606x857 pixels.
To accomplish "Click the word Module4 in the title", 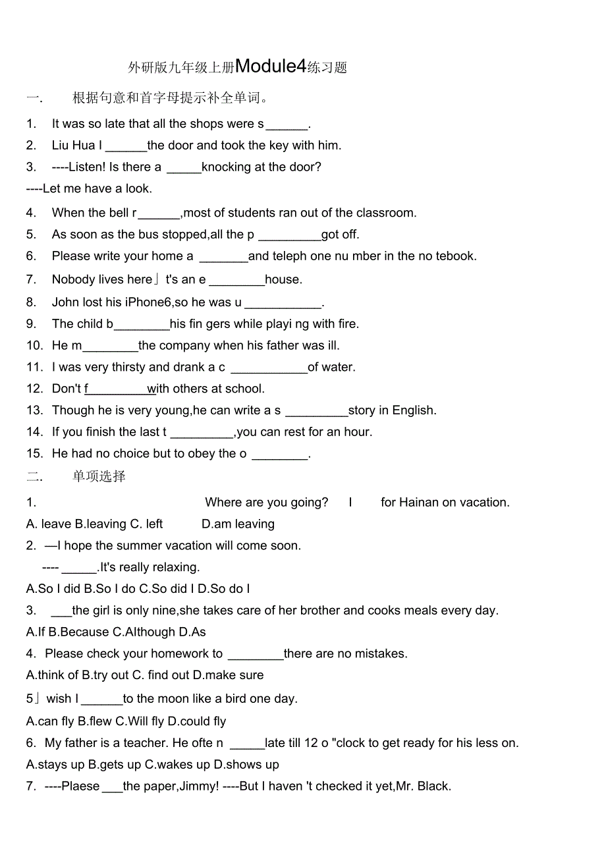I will (x=271, y=66).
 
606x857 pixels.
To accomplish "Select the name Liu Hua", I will (x=74, y=146).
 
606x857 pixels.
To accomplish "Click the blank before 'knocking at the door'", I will (x=184, y=167).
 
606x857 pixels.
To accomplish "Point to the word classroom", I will (x=385, y=213).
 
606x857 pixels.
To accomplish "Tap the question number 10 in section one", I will (x=34, y=346).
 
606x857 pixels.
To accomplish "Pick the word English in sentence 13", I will (x=413, y=410).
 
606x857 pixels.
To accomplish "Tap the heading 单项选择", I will (x=99, y=476).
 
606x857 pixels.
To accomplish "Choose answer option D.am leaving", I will (x=238, y=524).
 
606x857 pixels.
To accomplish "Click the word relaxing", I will (x=173, y=567).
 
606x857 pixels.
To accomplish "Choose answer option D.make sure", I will (x=228, y=675).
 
